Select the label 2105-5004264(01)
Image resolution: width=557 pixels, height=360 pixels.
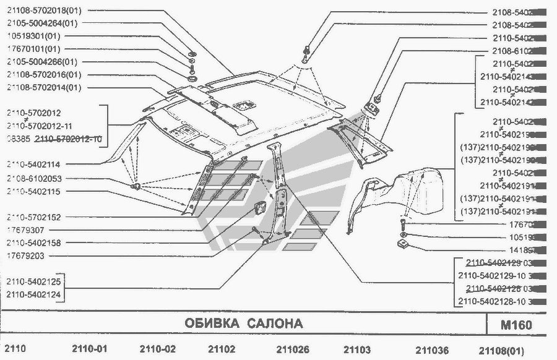pyautogui.click(x=42, y=24)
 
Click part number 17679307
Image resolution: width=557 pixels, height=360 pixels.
pyautogui.click(x=25, y=230)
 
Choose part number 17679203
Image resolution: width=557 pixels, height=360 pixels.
pyautogui.click(x=25, y=255)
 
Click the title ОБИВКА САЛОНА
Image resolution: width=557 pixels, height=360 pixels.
pyautogui.click(x=244, y=324)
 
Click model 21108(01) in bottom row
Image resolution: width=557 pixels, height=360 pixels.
pyautogui.click(x=505, y=349)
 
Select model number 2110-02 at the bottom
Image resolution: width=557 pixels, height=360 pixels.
pyautogui.click(x=158, y=349)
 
